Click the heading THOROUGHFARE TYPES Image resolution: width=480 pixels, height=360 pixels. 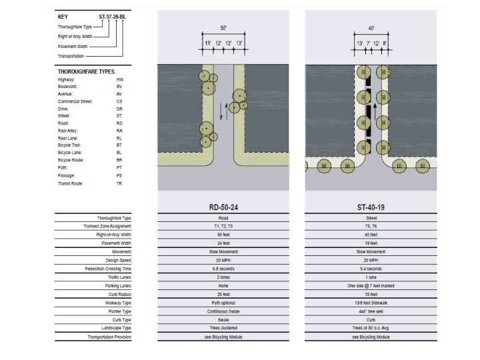click(x=86, y=71)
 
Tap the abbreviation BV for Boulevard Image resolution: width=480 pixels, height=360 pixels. click(x=119, y=87)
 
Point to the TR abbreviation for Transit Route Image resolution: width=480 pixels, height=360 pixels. click(x=119, y=183)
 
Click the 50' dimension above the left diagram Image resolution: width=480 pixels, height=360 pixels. click(x=223, y=29)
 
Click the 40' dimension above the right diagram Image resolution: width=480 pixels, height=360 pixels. click(x=371, y=29)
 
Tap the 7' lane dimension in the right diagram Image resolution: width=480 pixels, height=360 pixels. click(x=367, y=43)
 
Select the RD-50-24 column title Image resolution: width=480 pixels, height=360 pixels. click(x=223, y=207)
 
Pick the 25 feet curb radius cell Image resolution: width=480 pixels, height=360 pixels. click(x=223, y=294)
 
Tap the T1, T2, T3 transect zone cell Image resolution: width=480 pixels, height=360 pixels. click(x=223, y=226)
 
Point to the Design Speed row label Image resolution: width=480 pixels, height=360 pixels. click(x=118, y=260)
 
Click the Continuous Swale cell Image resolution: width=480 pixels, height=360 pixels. click(x=223, y=311)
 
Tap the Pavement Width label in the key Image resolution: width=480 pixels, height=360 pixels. click(x=73, y=47)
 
